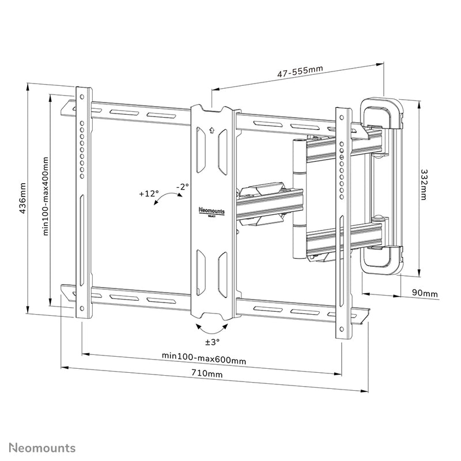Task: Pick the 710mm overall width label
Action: point(210,374)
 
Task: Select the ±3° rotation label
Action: point(211,342)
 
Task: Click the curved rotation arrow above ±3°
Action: point(211,329)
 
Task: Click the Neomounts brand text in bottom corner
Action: point(40,447)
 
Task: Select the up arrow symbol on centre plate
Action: point(212,130)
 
